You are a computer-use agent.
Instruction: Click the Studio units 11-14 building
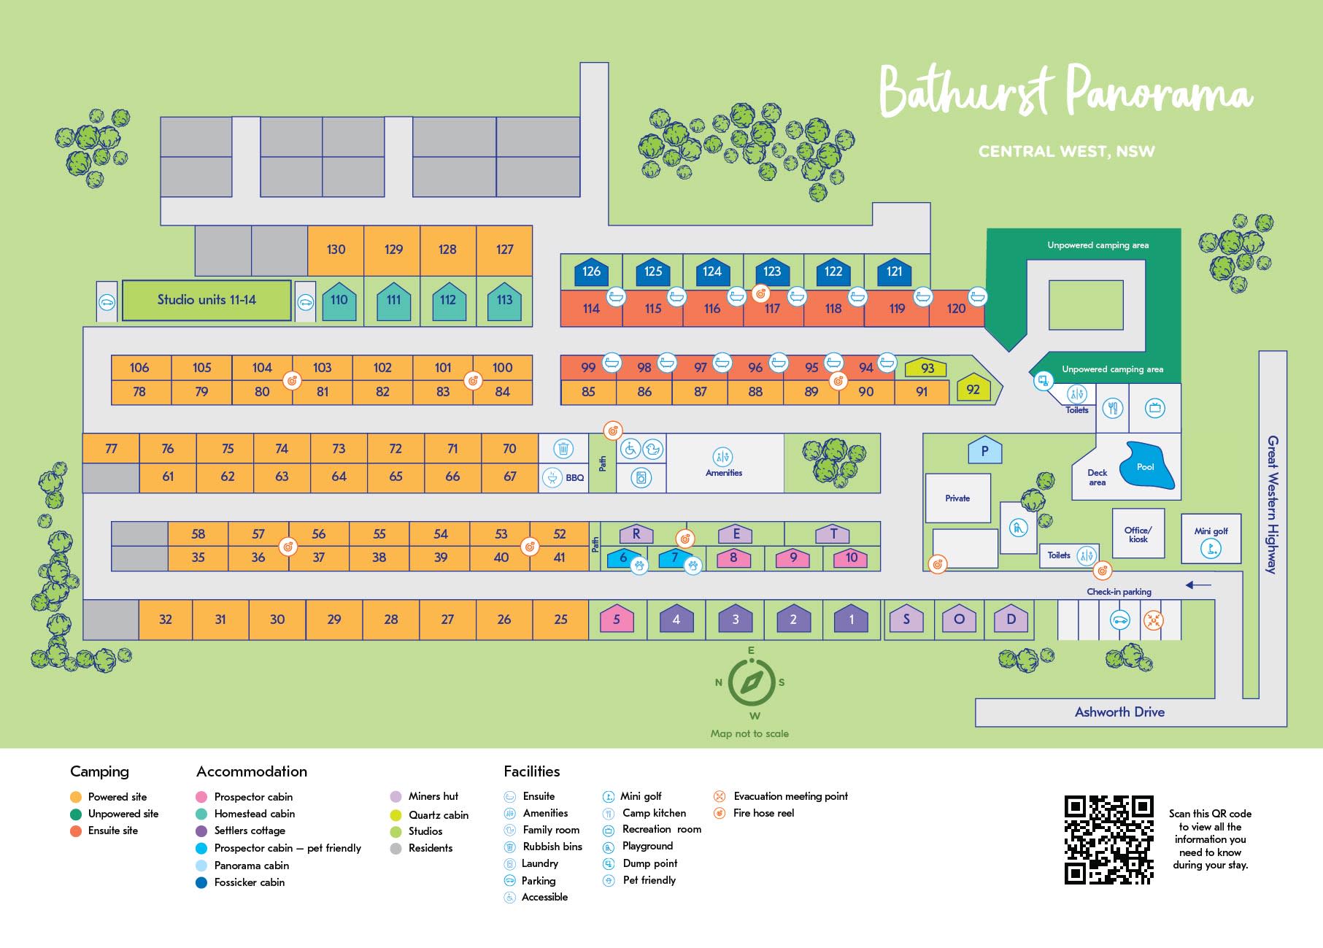207,300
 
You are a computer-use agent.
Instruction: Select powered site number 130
336,250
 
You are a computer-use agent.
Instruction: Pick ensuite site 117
772,309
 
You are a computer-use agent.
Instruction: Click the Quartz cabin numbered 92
973,389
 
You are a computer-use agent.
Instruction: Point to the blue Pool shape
1148,466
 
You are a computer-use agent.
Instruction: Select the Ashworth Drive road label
1119,712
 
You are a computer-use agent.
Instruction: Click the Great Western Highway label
1272,504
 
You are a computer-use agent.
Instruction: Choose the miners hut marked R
636,534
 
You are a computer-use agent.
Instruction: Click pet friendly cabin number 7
675,558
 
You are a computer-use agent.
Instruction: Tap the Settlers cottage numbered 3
735,620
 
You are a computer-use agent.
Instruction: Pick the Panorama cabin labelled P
984,451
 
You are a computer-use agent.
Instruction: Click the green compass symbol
751,682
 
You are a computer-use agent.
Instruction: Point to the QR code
1108,839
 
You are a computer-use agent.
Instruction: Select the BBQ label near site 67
574,478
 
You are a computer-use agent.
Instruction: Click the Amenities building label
724,473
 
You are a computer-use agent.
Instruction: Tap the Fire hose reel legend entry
763,813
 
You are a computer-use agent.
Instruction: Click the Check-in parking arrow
1198,585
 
